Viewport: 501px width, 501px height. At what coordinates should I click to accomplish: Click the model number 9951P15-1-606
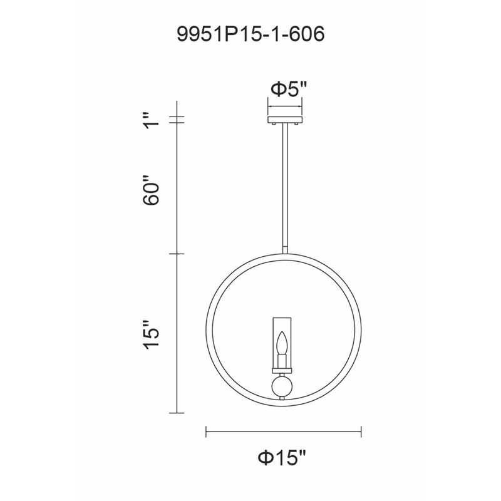click(251, 34)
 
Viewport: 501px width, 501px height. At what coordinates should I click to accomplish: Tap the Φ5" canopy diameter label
click(289, 89)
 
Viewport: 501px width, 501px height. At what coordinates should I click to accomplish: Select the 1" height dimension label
click(152, 120)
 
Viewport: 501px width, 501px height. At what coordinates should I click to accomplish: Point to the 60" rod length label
click(152, 190)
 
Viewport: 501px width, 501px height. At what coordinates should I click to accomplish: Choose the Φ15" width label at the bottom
click(282, 458)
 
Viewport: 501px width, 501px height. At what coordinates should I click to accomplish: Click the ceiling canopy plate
click(285, 120)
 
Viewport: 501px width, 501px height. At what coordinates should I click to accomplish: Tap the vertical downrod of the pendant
click(285, 189)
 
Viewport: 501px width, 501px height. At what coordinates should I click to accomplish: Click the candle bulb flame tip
click(282, 333)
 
